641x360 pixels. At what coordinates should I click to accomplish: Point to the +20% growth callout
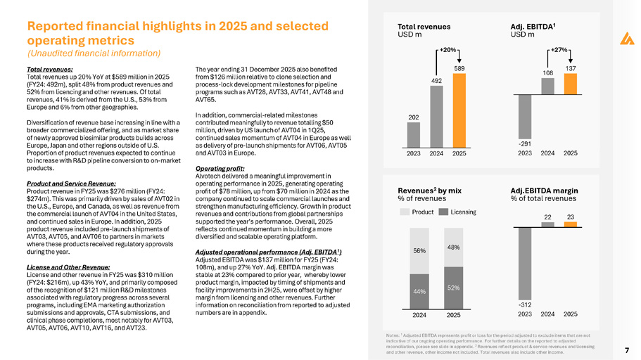448,50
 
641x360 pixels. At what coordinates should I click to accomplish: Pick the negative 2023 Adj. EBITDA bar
524,116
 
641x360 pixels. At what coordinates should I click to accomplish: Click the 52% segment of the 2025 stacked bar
453,288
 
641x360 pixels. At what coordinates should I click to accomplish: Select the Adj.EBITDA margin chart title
542,190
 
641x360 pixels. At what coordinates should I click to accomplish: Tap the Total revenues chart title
424,26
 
